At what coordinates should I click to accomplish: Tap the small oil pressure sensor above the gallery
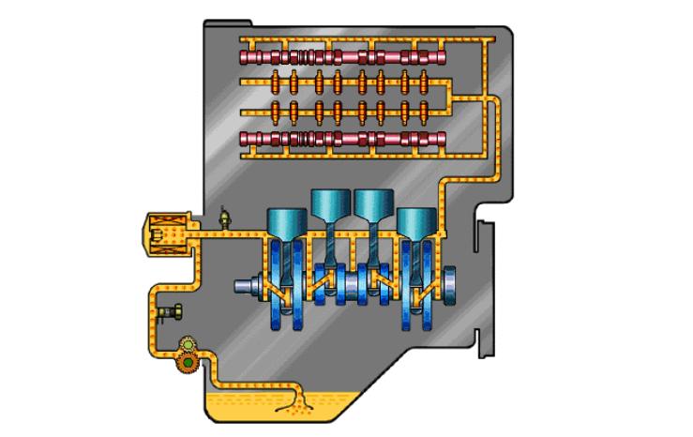click(x=223, y=218)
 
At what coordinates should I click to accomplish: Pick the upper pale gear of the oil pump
click(x=186, y=344)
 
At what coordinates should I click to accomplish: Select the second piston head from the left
click(x=330, y=203)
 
